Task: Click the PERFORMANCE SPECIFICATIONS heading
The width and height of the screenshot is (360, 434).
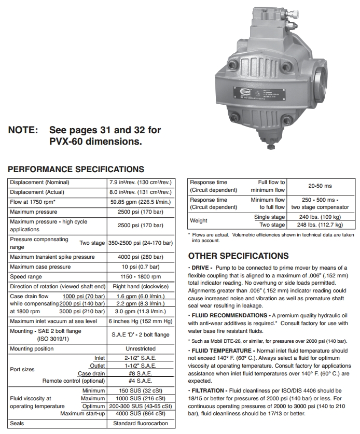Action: (x=76, y=169)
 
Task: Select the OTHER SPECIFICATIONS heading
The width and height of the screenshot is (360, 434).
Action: (x=239, y=256)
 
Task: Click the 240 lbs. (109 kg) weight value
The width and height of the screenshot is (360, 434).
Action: (x=322, y=217)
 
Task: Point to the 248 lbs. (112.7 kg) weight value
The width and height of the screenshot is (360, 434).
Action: (x=322, y=225)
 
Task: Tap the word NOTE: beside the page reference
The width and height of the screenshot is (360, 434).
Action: (x=23, y=130)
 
